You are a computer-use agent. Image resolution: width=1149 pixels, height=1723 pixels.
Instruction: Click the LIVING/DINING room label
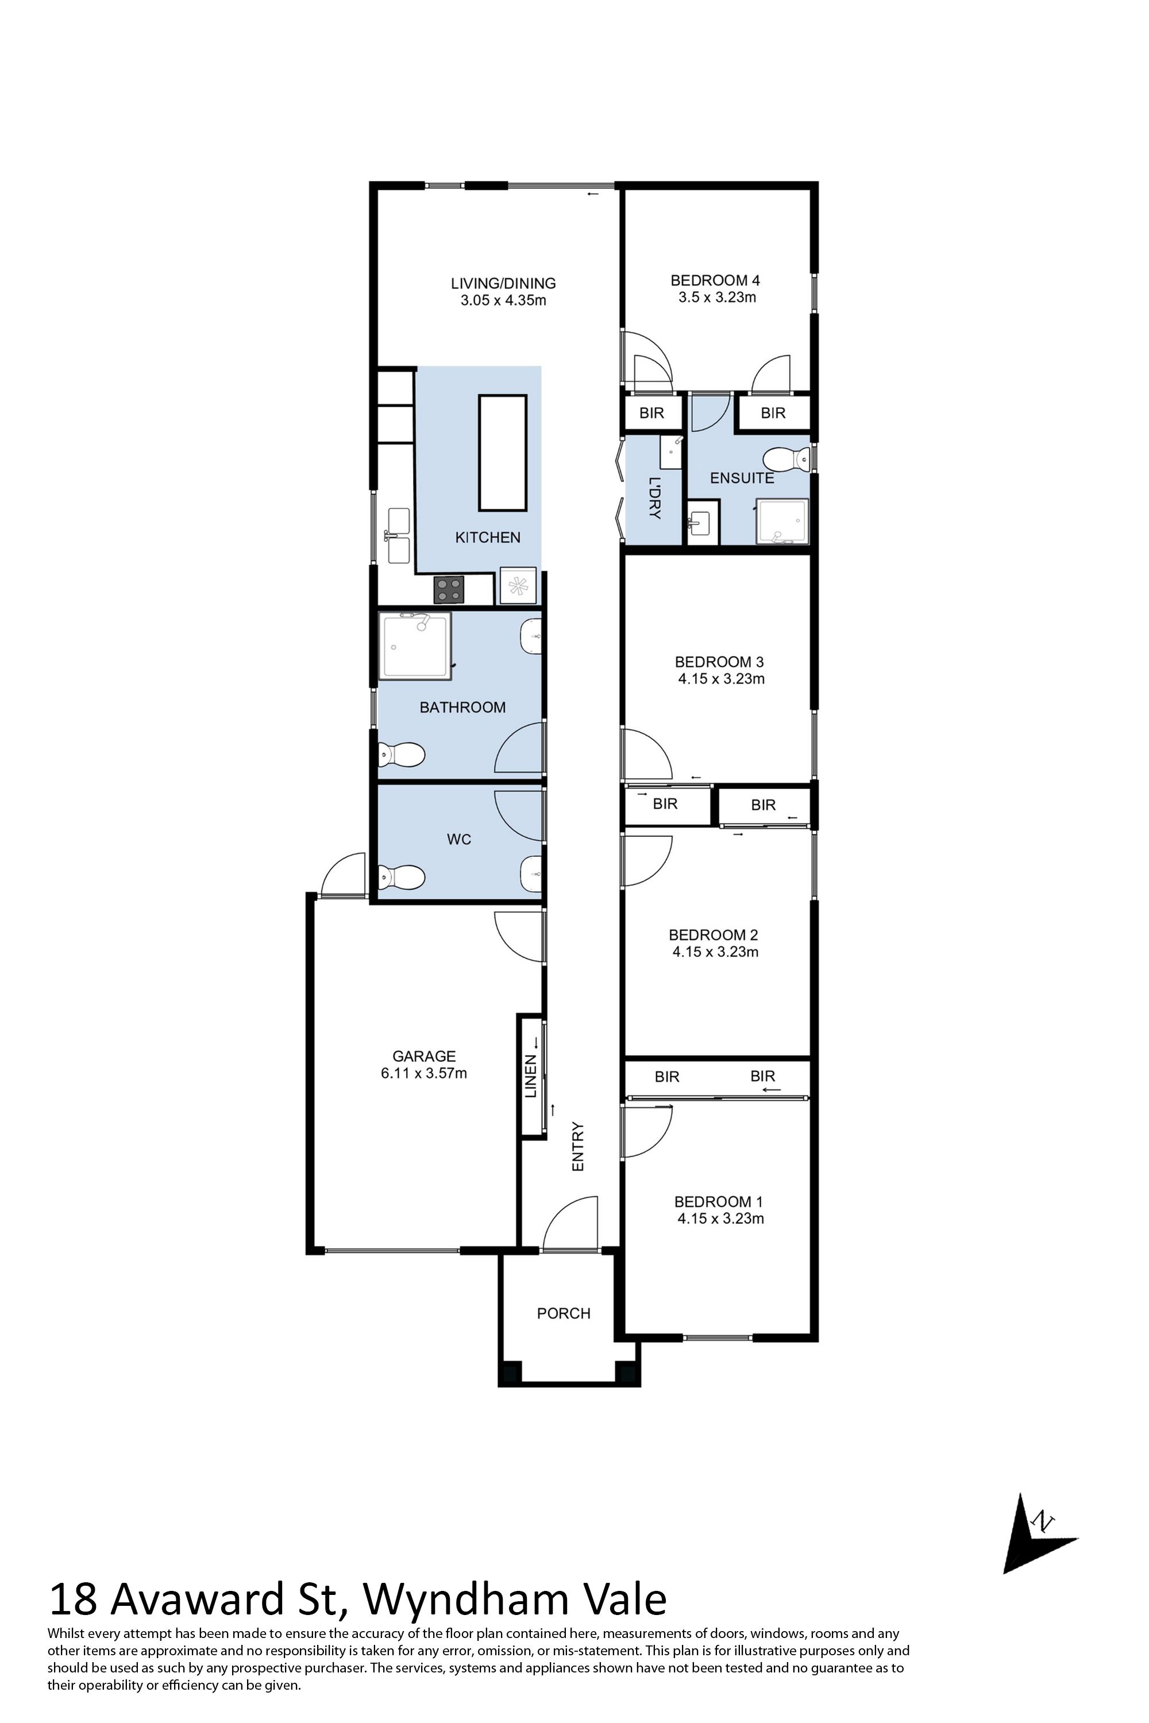(503, 283)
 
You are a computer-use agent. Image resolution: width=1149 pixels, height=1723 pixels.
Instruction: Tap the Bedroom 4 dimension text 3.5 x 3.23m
(716, 298)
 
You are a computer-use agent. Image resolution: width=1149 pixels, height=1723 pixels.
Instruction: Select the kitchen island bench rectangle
(503, 453)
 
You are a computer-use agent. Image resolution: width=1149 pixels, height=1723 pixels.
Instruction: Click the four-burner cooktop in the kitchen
(449, 589)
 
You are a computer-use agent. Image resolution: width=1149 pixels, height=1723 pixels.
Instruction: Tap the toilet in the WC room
(401, 876)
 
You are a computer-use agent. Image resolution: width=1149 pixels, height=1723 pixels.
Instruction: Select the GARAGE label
(423, 1056)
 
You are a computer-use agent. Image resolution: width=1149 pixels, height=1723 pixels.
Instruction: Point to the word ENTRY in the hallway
(578, 1146)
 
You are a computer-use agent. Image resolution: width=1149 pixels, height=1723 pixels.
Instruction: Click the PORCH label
(564, 1314)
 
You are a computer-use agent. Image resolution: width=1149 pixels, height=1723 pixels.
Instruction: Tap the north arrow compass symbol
(1033, 1532)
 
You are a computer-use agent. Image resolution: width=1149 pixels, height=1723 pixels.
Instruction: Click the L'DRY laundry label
(654, 498)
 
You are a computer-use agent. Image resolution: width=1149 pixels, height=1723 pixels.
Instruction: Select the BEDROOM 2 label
(713, 935)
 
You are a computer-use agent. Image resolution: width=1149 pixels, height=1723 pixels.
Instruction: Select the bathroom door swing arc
(520, 747)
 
